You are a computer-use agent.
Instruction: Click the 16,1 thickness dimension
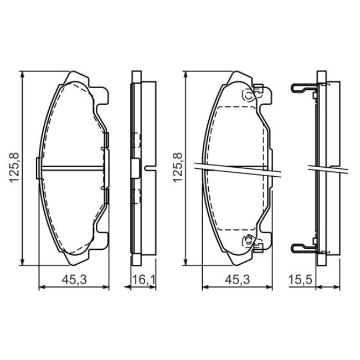(144, 280)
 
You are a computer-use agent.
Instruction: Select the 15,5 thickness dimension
(300, 280)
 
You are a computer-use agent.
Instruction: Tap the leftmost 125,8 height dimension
(14, 168)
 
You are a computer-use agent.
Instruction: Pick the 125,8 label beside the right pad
(177, 168)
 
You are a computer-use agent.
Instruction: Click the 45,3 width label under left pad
(74, 280)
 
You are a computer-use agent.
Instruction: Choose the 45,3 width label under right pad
(237, 280)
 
